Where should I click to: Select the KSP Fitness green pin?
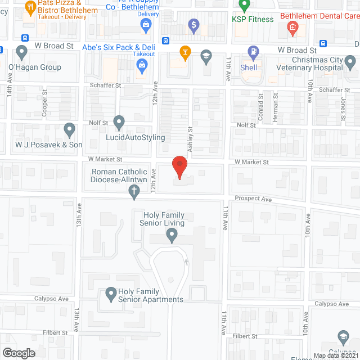click(244, 6)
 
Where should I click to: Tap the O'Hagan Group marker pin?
click(22, 53)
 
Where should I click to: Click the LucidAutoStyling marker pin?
click(119, 122)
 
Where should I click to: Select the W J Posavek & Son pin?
click(69, 130)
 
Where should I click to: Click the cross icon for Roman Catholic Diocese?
click(134, 193)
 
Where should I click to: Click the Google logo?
click(18, 353)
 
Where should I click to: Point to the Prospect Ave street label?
click(253, 199)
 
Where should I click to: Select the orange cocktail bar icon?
click(184, 53)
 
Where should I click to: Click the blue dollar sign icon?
click(194, 25)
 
